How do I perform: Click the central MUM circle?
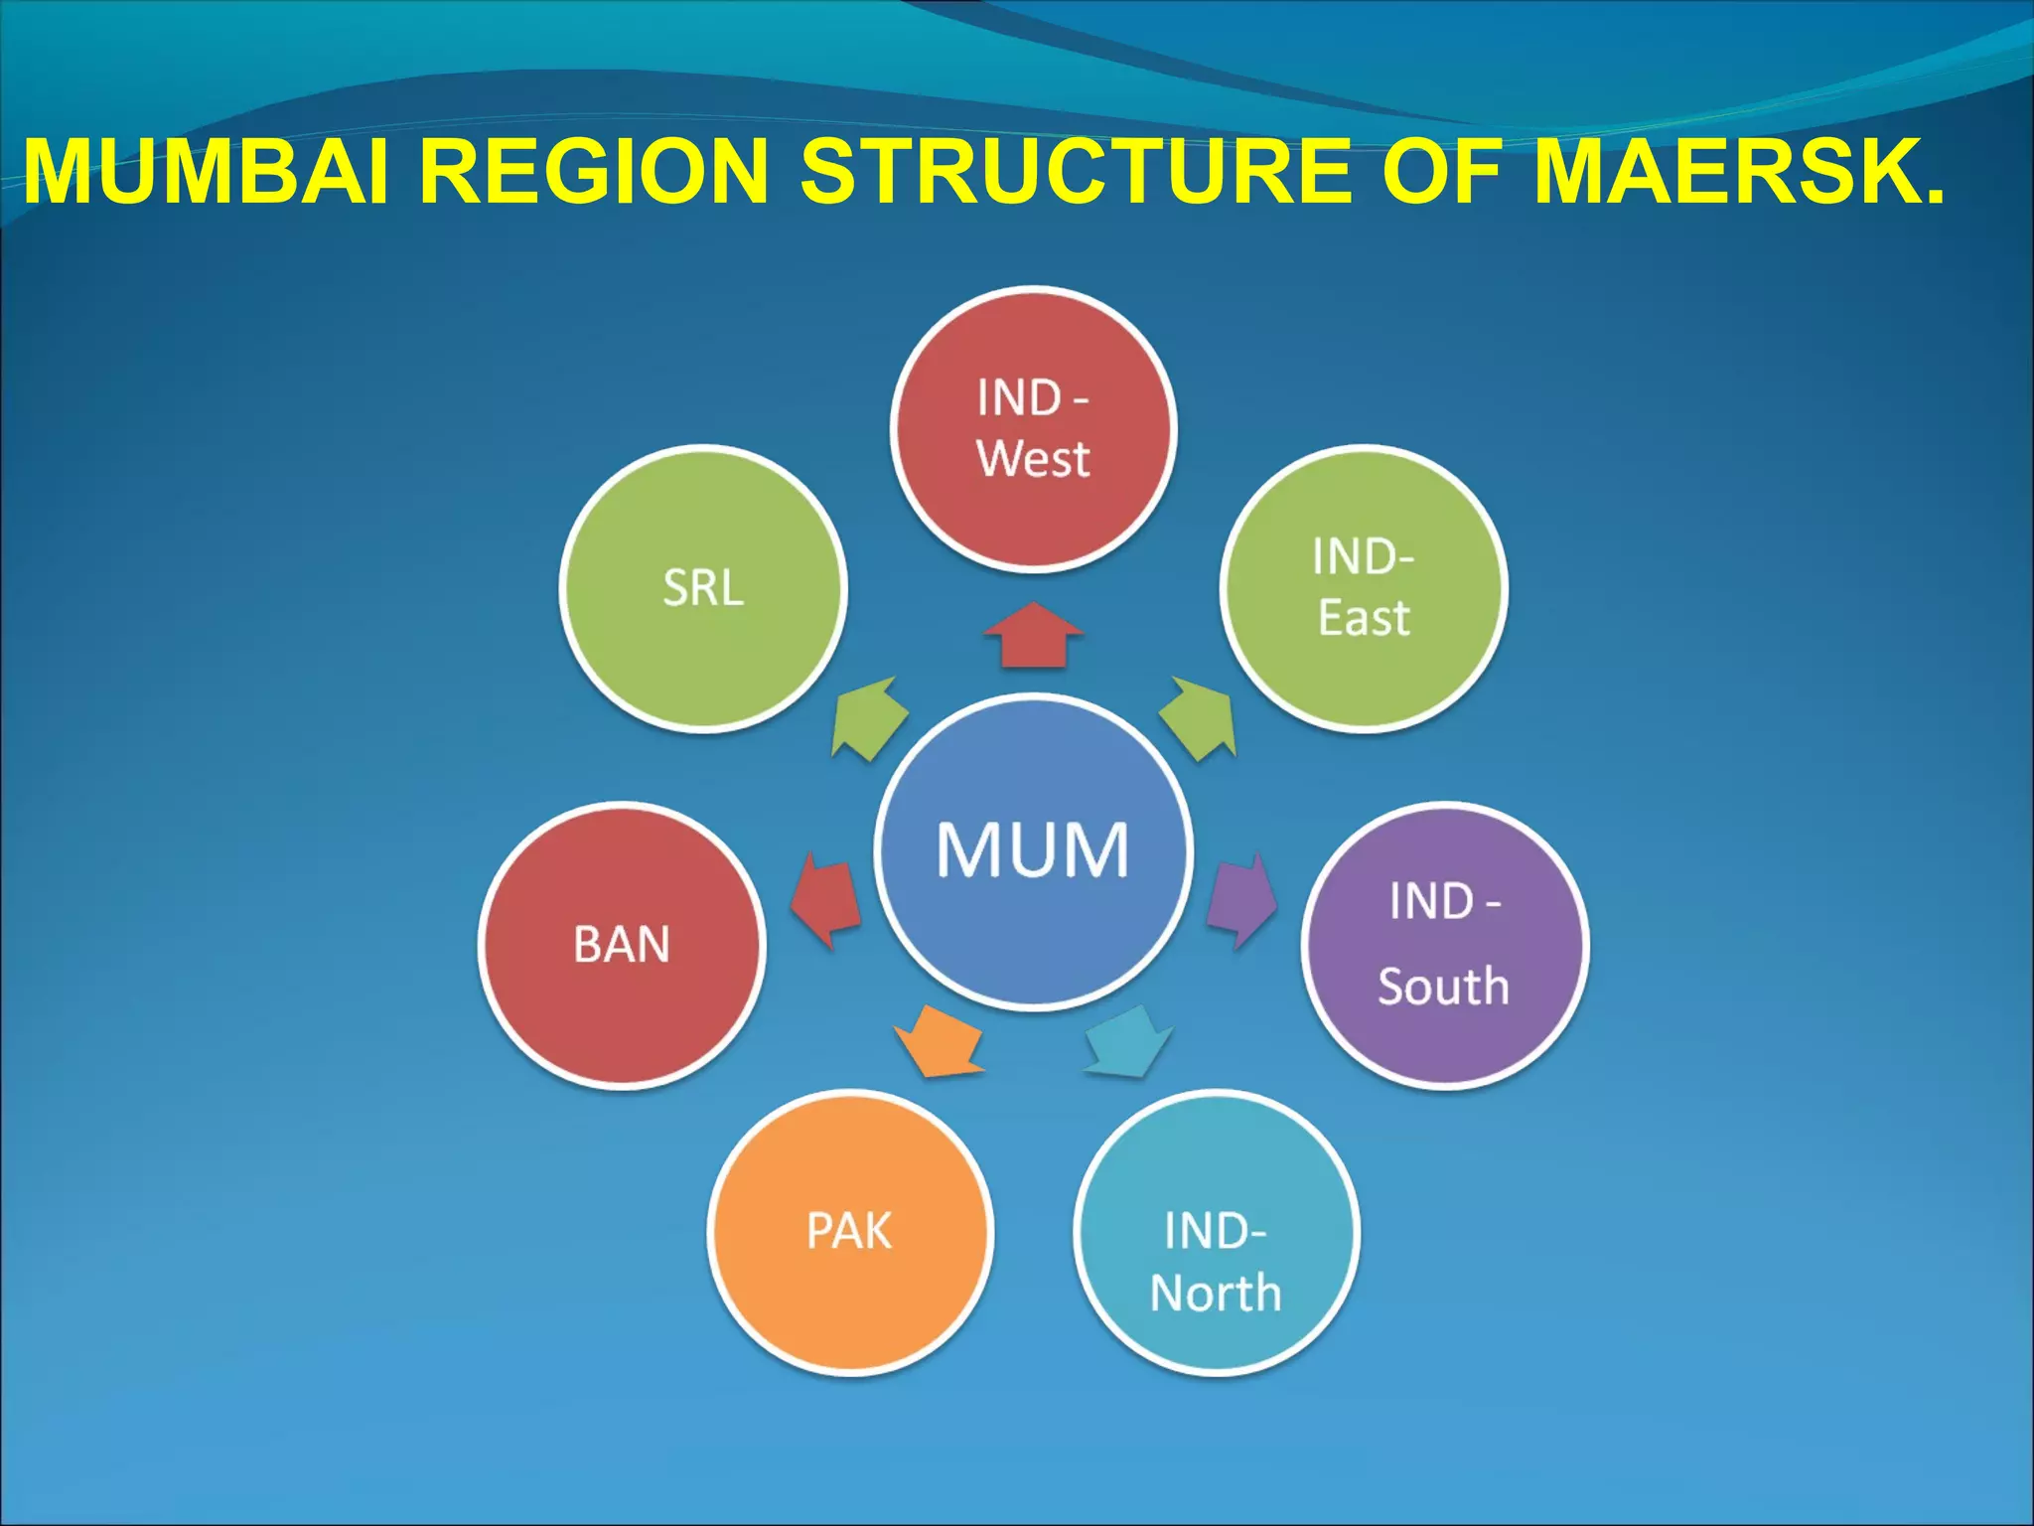(1033, 851)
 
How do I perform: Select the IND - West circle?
(1033, 429)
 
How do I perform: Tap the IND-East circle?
(1364, 588)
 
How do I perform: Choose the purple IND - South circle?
(1445, 945)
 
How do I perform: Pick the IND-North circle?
(1217, 1232)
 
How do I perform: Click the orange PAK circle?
(850, 1232)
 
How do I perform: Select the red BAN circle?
(622, 945)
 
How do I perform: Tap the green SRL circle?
(703, 588)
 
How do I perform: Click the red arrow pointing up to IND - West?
(1033, 636)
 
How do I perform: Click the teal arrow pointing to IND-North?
(1130, 1043)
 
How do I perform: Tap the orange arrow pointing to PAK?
(938, 1043)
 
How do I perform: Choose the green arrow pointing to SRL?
(869, 718)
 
